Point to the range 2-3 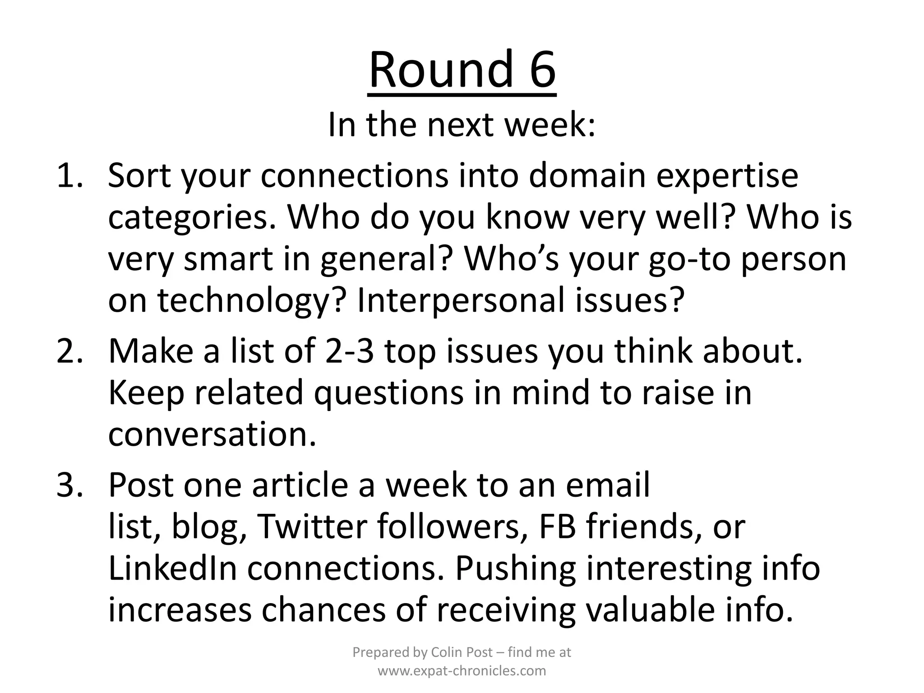pyautogui.click(x=349, y=351)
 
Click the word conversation pyautogui.click(x=212, y=434)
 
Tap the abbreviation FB pyautogui.click(x=558, y=527)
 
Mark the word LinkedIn pyautogui.click(x=173, y=568)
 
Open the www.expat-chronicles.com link pyautogui.click(x=462, y=671)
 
